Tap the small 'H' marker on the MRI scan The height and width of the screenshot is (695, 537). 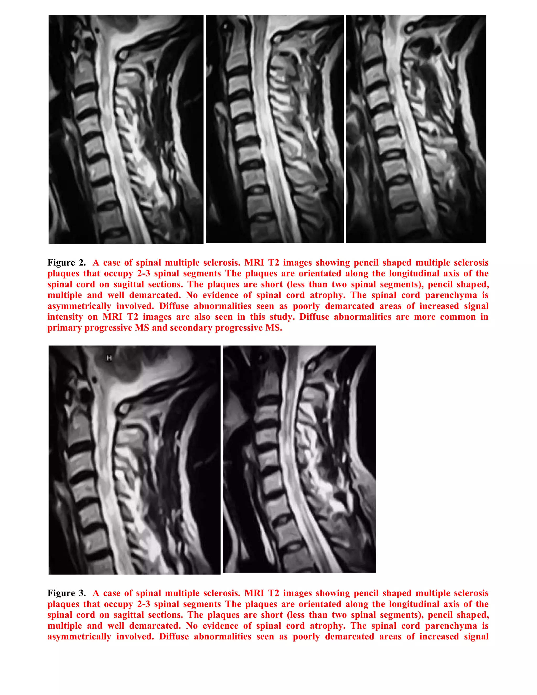(x=109, y=358)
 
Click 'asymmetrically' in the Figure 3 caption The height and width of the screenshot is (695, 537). (x=79, y=637)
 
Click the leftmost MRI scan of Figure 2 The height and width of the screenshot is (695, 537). (x=126, y=129)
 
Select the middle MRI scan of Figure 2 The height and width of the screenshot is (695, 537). (x=275, y=129)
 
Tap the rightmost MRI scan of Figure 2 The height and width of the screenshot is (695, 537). (x=416, y=129)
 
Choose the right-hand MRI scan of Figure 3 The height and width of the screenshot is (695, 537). (x=299, y=459)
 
